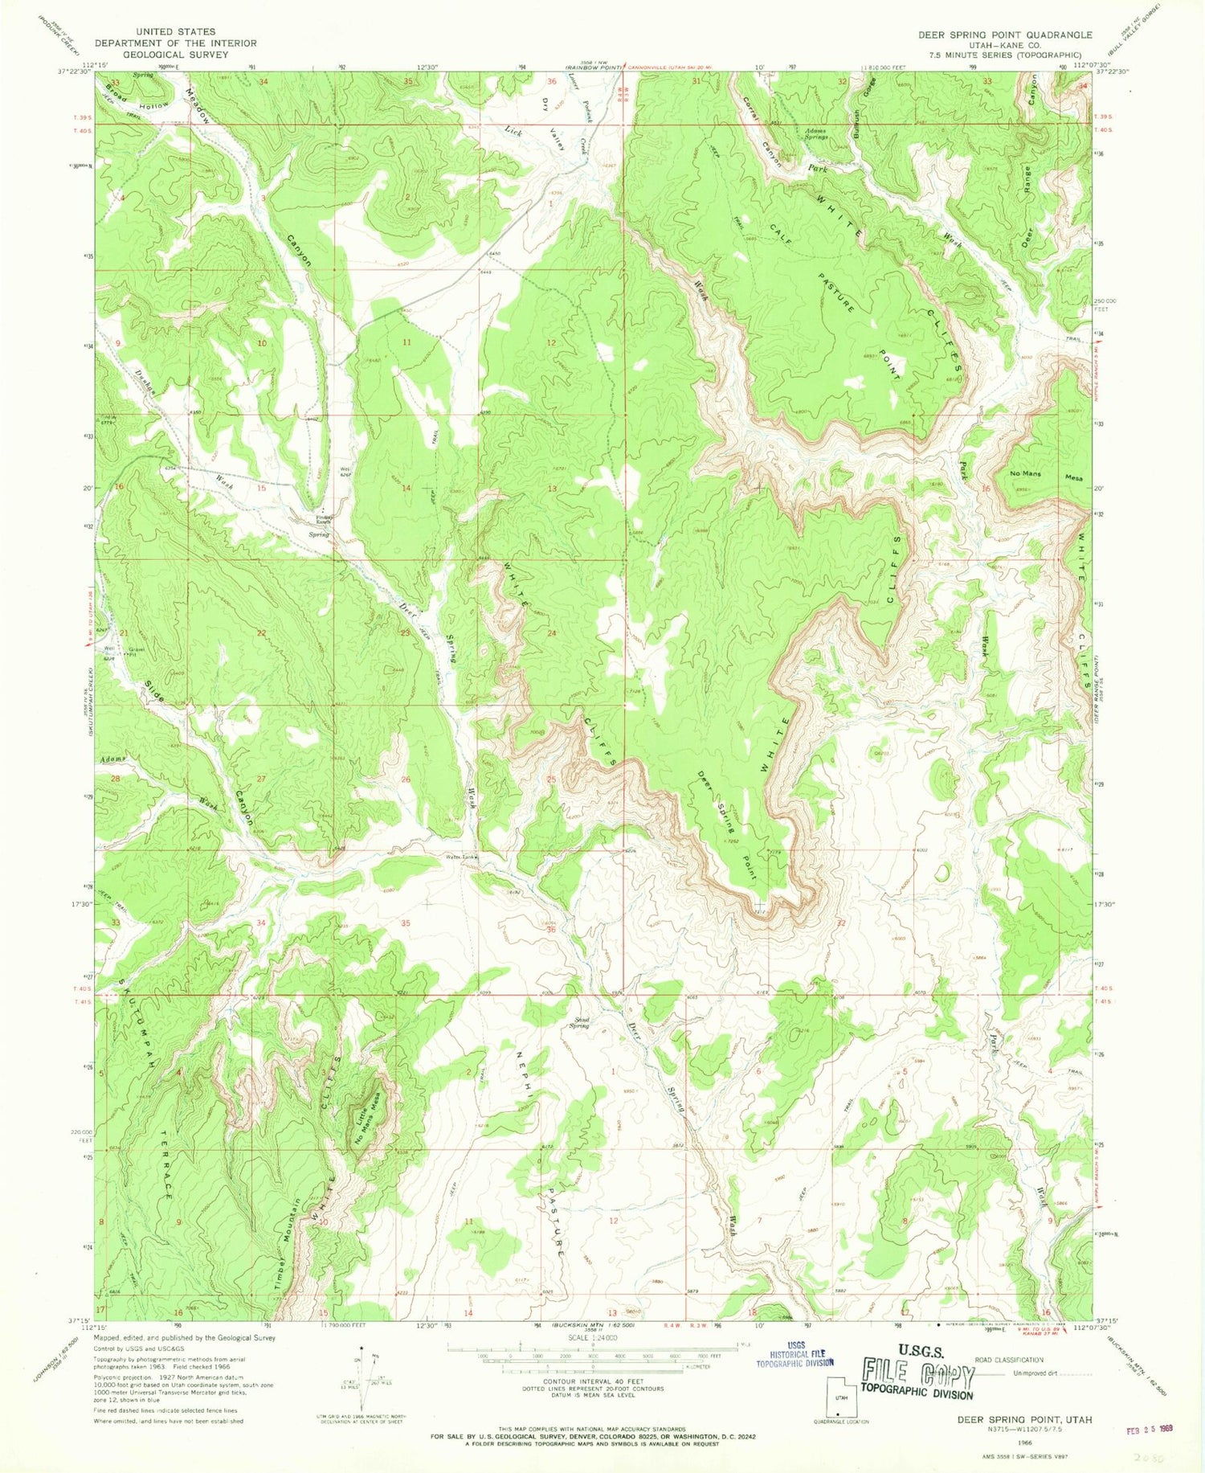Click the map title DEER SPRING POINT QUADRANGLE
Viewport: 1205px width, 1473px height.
pos(1005,35)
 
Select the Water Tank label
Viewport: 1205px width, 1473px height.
pos(462,857)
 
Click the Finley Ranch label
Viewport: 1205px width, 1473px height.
pos(324,519)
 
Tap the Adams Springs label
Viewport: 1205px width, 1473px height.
pos(815,134)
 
